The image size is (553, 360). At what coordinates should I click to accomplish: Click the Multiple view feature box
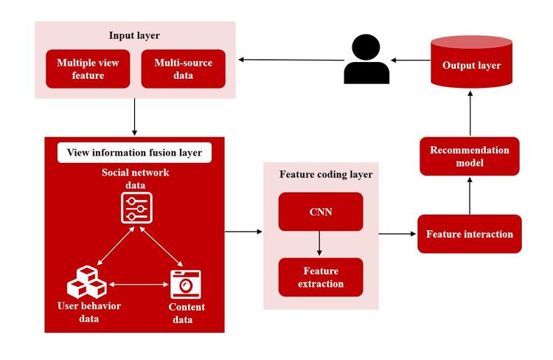[88, 69]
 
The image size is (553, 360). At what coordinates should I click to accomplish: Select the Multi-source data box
[183, 69]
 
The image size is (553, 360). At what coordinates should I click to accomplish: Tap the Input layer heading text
[134, 35]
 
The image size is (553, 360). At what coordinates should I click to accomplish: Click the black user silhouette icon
[366, 59]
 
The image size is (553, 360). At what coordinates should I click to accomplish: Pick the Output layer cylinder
[472, 61]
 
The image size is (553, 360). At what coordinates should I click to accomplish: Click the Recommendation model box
[470, 156]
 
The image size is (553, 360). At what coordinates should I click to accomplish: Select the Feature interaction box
[470, 234]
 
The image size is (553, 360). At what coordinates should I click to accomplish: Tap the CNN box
[321, 212]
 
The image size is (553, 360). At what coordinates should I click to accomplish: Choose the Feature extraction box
[321, 277]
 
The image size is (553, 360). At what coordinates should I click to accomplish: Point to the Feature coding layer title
[326, 174]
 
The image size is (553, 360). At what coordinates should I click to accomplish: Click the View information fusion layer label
[134, 153]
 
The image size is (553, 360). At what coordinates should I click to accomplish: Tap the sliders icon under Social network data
[136, 208]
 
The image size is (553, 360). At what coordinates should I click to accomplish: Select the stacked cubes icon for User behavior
[87, 283]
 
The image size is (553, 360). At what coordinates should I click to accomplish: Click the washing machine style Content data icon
[186, 285]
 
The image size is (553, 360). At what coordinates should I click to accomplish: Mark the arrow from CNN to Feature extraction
[319, 243]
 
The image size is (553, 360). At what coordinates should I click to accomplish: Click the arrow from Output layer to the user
[411, 60]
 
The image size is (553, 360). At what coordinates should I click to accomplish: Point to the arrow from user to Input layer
[291, 60]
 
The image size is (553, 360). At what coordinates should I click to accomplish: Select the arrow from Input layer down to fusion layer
[134, 117]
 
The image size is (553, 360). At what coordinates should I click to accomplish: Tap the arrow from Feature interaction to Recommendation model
[470, 195]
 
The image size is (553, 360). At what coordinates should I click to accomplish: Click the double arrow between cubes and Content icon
[139, 285]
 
